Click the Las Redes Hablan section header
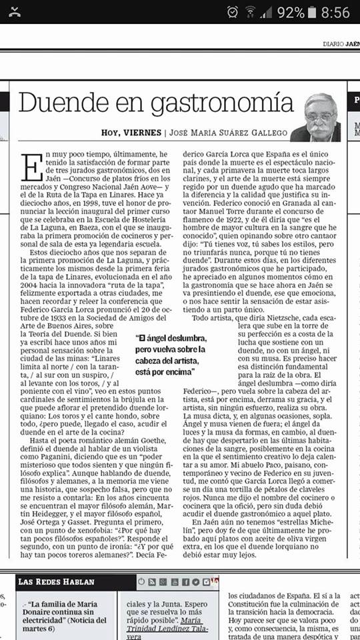(x=56, y=581)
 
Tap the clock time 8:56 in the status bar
(x=335, y=12)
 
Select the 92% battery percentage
(x=291, y=12)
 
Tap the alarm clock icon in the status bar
(x=233, y=12)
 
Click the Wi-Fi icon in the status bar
(x=251, y=12)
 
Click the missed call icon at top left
(x=15, y=12)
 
